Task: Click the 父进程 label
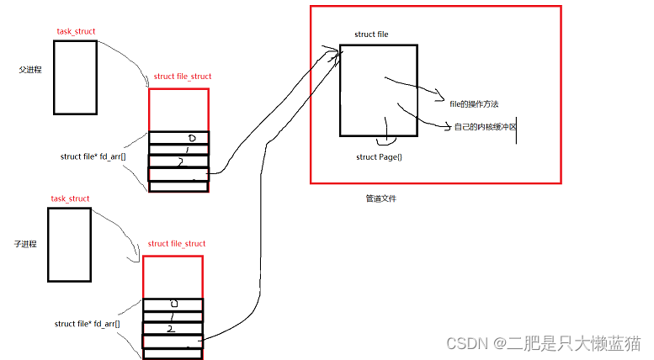click(30, 71)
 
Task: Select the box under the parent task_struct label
click(76, 77)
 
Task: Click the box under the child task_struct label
click(69, 244)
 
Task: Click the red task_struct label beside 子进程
click(70, 199)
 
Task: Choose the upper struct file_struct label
click(183, 77)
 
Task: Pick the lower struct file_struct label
click(177, 244)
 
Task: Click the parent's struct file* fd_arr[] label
click(93, 156)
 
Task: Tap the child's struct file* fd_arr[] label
click(87, 324)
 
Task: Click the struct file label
click(371, 34)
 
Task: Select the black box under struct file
click(378, 90)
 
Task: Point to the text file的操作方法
click(474, 103)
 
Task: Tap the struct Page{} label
click(379, 157)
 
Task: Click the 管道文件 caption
click(380, 199)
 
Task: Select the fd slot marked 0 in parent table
click(178, 138)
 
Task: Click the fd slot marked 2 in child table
click(173, 329)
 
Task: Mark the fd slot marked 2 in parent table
click(178, 161)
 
